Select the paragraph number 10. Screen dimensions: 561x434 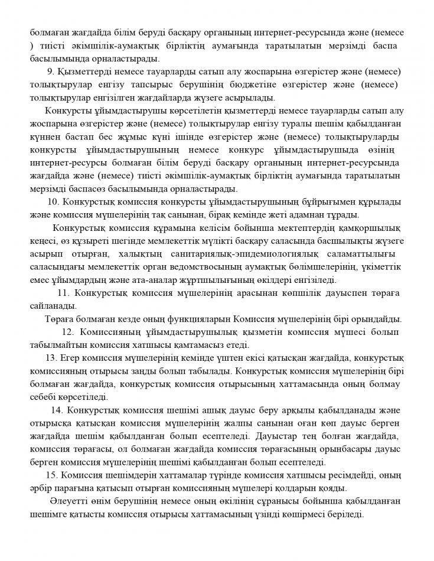click(54, 201)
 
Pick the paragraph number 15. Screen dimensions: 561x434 click(51, 475)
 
